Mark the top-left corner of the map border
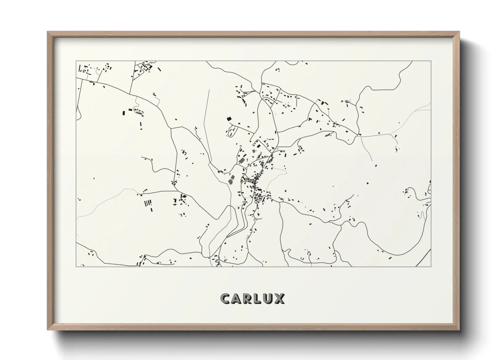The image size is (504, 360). (x=76, y=61)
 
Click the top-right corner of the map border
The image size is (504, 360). (x=431, y=61)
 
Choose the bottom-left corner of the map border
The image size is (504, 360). (x=76, y=266)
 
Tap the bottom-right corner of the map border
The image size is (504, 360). (x=431, y=266)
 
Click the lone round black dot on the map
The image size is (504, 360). (x=367, y=183)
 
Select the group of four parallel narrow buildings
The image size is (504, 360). (x=148, y=203)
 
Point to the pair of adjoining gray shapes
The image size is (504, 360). (x=232, y=179)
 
